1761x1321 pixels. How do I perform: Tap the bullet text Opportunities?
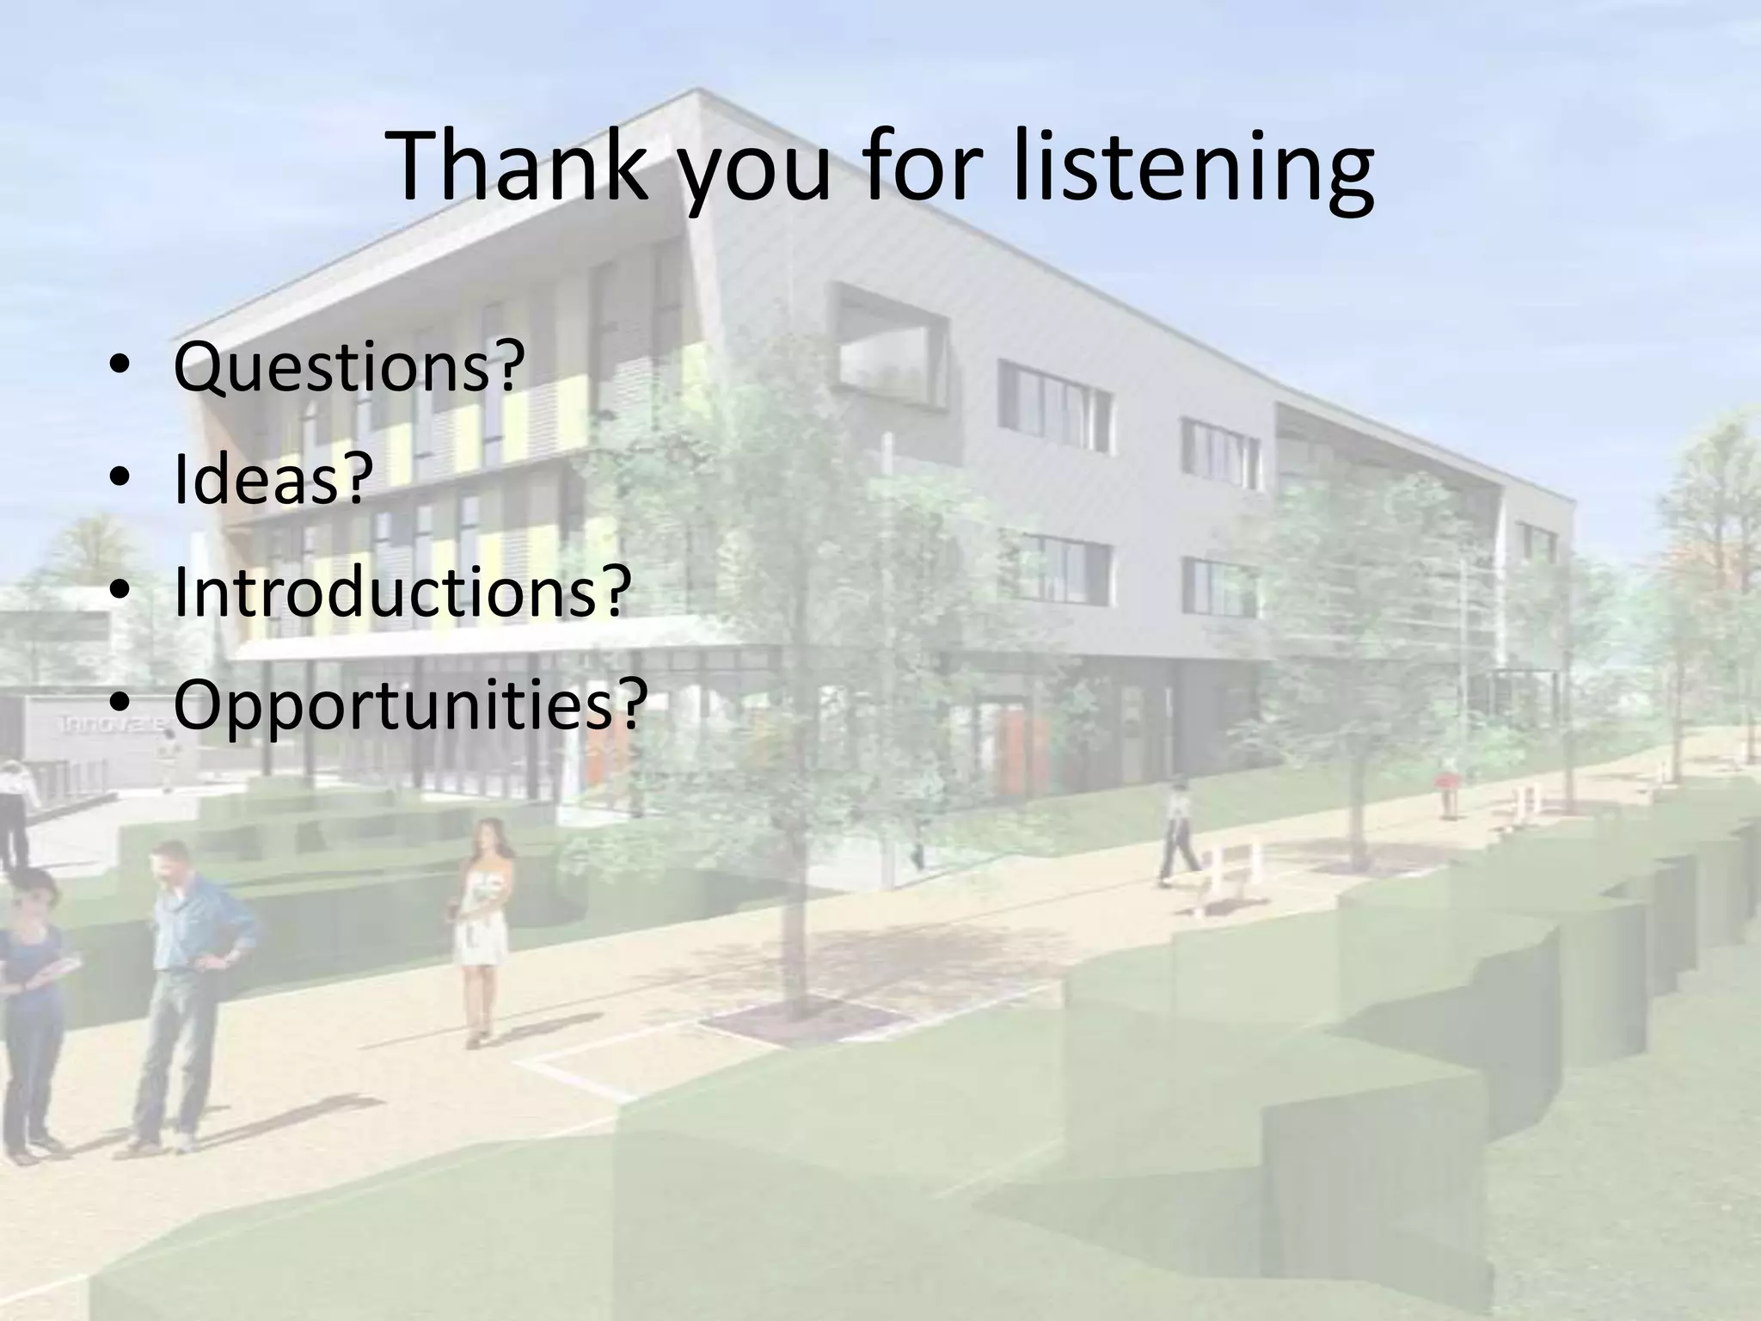(409, 705)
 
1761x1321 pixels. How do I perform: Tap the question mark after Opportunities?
(630, 705)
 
